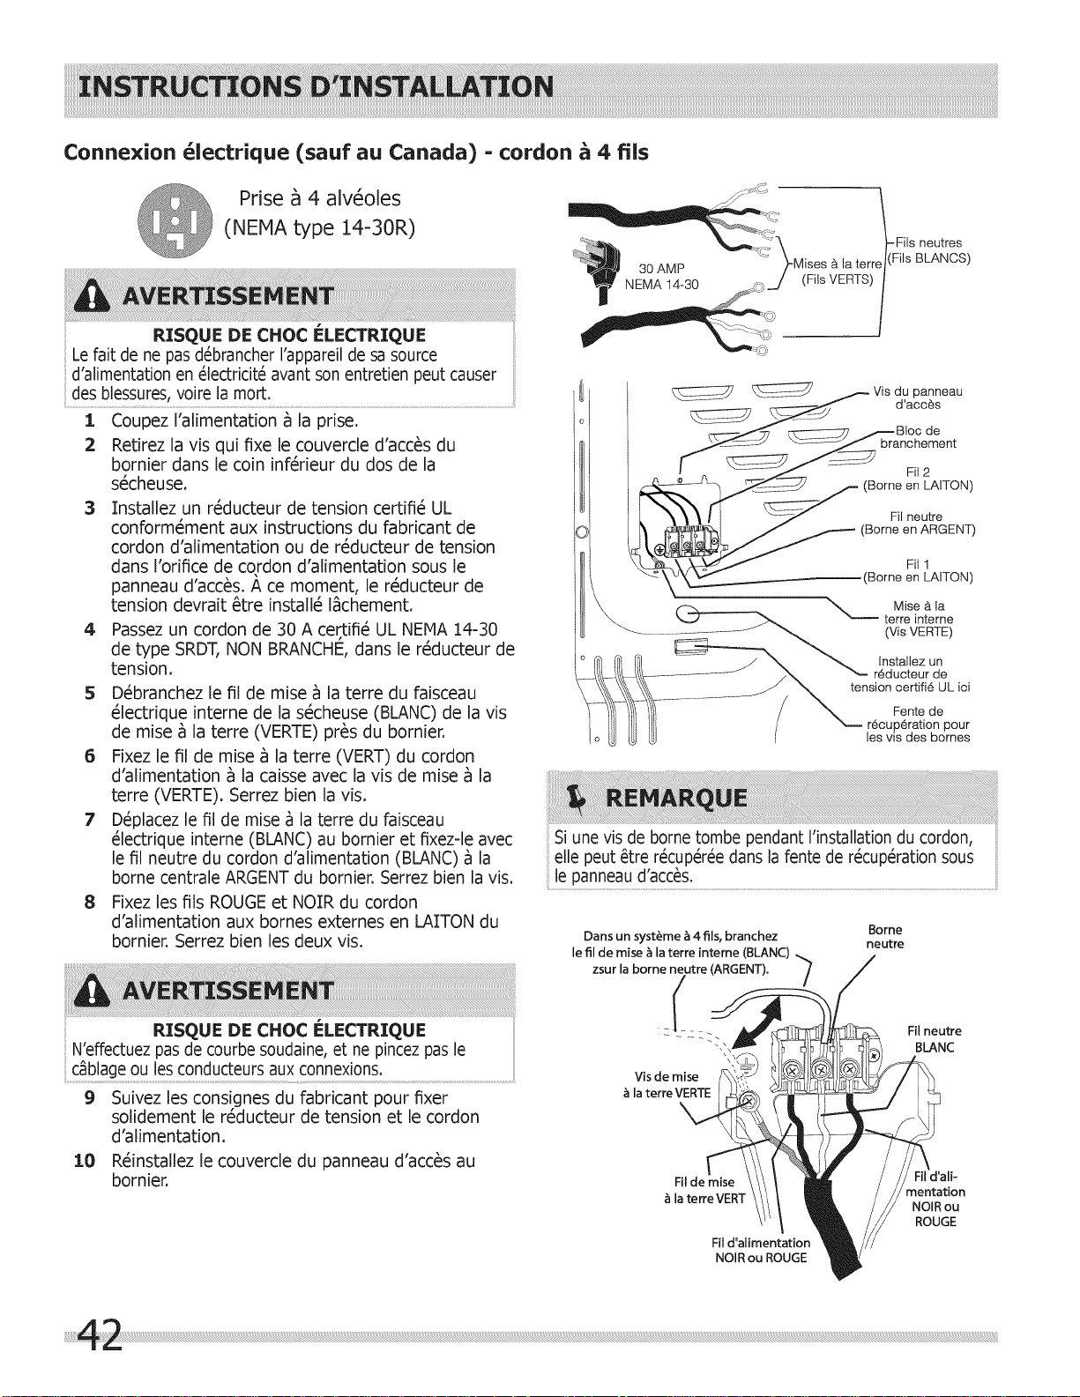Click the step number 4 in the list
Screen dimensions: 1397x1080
coord(90,630)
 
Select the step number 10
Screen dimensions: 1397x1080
coord(85,1161)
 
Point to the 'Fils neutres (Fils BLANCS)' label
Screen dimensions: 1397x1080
coord(928,250)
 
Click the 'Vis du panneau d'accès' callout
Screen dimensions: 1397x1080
coord(917,398)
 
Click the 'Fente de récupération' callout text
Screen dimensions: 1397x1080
coord(918,725)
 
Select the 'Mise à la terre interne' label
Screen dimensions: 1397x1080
coord(918,619)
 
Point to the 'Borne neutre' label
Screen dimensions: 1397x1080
coord(885,937)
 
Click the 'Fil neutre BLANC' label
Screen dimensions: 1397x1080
coord(935,1039)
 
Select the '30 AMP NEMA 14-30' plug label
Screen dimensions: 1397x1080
coord(661,276)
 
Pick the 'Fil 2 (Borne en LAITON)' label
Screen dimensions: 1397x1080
coord(918,479)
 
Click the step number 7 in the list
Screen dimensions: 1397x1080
coord(90,821)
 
